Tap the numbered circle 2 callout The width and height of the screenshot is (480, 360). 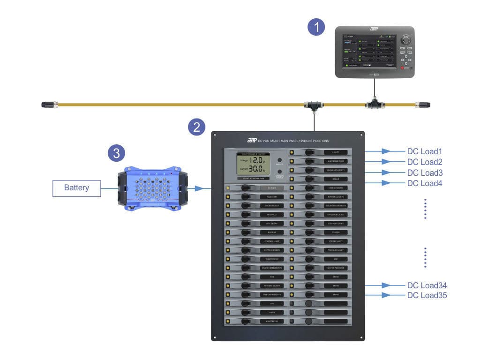pyautogui.click(x=197, y=127)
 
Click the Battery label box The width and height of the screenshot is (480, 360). pyautogui.click(x=76, y=188)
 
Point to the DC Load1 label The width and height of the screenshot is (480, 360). pyautogui.click(x=425, y=152)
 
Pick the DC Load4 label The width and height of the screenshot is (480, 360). pyautogui.click(x=425, y=183)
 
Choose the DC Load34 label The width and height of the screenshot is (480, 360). pyautogui.click(x=427, y=285)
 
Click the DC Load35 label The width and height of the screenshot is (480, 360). pyautogui.click(x=427, y=295)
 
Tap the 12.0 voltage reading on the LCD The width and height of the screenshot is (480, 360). pyautogui.click(x=255, y=160)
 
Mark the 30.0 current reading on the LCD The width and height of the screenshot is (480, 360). pyautogui.click(x=255, y=168)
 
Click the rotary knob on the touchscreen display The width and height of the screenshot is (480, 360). pyautogui.click(x=405, y=40)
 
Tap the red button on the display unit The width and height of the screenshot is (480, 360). pyautogui.click(x=402, y=68)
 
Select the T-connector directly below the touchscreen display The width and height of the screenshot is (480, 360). pyautogui.click(x=374, y=105)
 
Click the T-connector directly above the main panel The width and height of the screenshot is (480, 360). pyautogui.click(x=312, y=105)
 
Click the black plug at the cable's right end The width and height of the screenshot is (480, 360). pyautogui.click(x=424, y=105)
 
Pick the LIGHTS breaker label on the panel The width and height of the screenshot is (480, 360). pyautogui.click(x=336, y=152)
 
